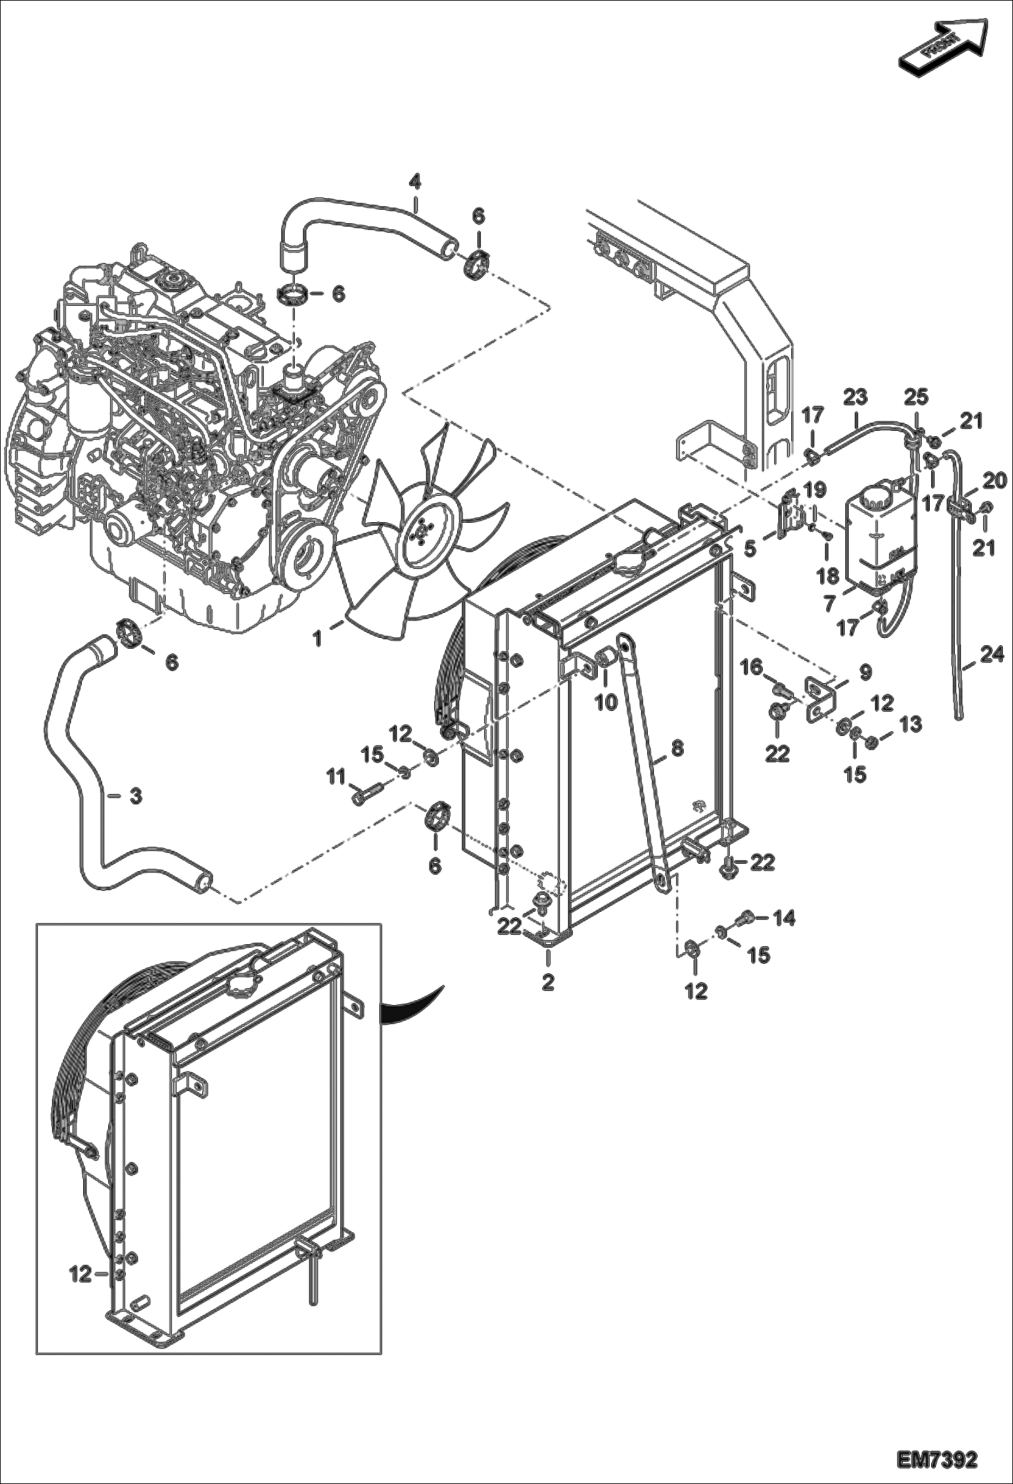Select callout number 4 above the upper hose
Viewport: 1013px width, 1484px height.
click(415, 181)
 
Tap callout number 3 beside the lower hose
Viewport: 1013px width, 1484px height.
click(135, 796)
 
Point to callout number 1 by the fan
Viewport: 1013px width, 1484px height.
click(318, 638)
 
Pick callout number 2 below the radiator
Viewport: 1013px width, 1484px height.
click(547, 982)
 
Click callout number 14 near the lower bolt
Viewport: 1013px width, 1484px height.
click(784, 918)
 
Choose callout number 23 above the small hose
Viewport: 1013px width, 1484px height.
click(855, 396)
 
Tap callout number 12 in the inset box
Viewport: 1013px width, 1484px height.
click(80, 1275)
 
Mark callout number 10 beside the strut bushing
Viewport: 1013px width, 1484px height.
click(606, 701)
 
